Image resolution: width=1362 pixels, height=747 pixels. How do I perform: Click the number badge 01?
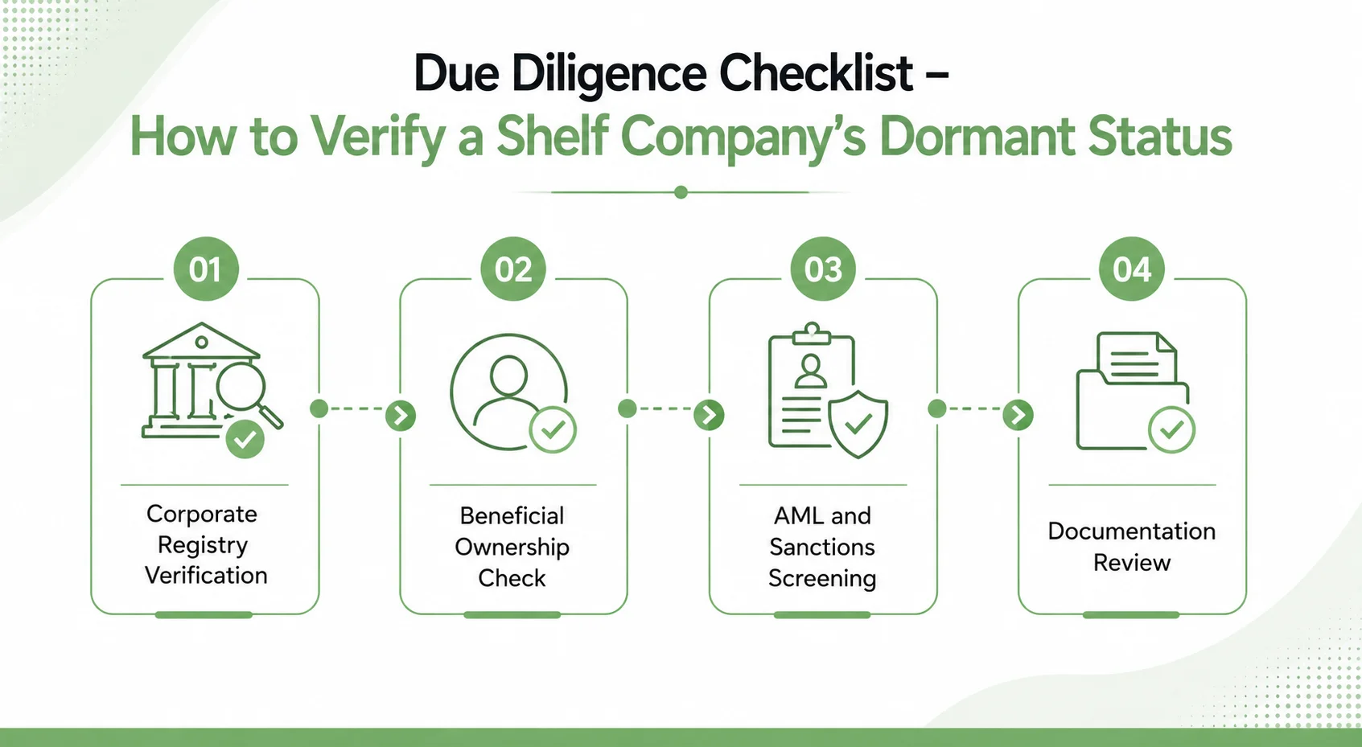205,269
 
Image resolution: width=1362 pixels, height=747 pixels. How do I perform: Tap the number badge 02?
513,269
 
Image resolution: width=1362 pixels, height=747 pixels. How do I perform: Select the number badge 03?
823,269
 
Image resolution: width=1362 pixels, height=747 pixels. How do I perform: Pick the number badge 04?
1132,269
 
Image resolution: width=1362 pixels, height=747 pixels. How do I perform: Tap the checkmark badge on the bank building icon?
245,439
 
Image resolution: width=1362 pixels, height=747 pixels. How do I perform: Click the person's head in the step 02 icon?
509,376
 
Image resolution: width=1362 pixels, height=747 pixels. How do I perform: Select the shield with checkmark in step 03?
858,424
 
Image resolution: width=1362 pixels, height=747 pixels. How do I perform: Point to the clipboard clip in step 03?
811,332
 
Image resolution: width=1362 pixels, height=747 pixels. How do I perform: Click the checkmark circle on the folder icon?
1171,429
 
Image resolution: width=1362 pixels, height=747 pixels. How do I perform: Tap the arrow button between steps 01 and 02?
401,416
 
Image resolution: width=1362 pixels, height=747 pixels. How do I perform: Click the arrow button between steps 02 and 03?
709,415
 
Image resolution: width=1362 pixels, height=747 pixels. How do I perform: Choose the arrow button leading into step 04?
1018,415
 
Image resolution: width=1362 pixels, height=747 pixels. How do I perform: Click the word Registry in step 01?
203,545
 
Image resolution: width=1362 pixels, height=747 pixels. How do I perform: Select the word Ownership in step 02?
512,548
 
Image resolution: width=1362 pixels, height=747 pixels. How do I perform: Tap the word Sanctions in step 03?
822,547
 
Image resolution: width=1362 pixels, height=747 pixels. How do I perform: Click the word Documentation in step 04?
1132,532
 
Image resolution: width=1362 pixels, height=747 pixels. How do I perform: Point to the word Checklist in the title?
816,73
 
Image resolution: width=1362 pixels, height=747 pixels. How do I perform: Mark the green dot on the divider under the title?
681,193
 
